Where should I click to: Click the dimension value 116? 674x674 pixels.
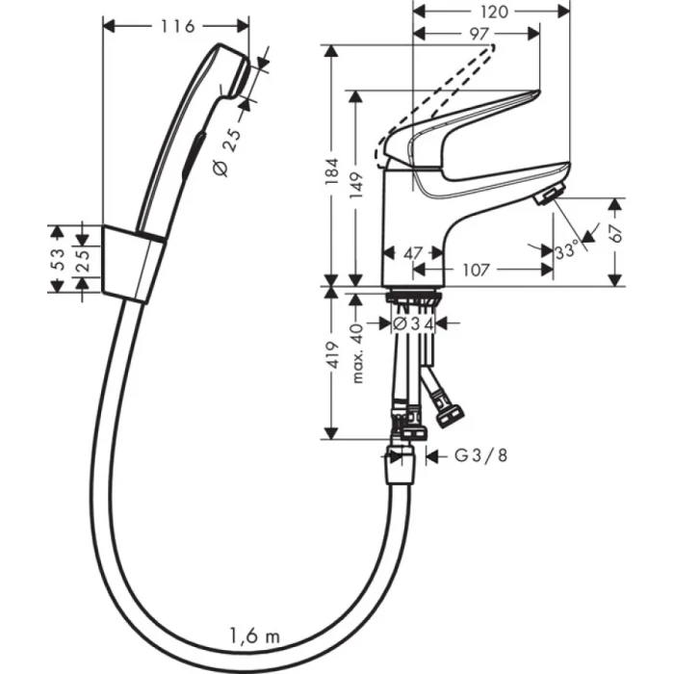(x=175, y=27)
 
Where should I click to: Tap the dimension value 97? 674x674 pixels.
(x=479, y=35)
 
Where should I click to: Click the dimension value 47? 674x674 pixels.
(x=413, y=254)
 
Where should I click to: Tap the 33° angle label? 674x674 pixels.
(x=567, y=252)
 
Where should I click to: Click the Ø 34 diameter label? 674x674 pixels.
(x=415, y=324)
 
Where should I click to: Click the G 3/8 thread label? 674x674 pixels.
(x=480, y=457)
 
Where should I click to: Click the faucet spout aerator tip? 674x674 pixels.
(x=545, y=195)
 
